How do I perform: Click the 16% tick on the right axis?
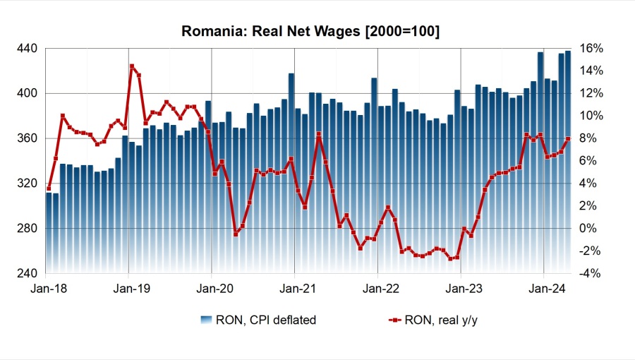click(x=592, y=48)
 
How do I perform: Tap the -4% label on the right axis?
click(x=592, y=274)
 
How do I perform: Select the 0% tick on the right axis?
click(x=592, y=229)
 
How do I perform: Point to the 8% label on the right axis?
click(x=592, y=138)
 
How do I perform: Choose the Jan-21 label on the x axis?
click(x=295, y=289)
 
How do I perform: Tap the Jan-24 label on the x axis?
click(x=544, y=289)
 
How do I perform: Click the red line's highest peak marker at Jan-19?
click(x=132, y=66)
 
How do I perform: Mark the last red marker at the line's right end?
click(x=568, y=138)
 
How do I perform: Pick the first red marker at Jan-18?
click(x=49, y=188)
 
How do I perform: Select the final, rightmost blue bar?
click(x=568, y=162)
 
